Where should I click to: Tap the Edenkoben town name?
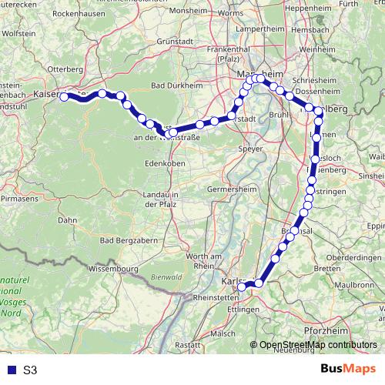tap(162, 164)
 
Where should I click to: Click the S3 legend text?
tap(30, 370)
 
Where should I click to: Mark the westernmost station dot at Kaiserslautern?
tap(64, 97)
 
